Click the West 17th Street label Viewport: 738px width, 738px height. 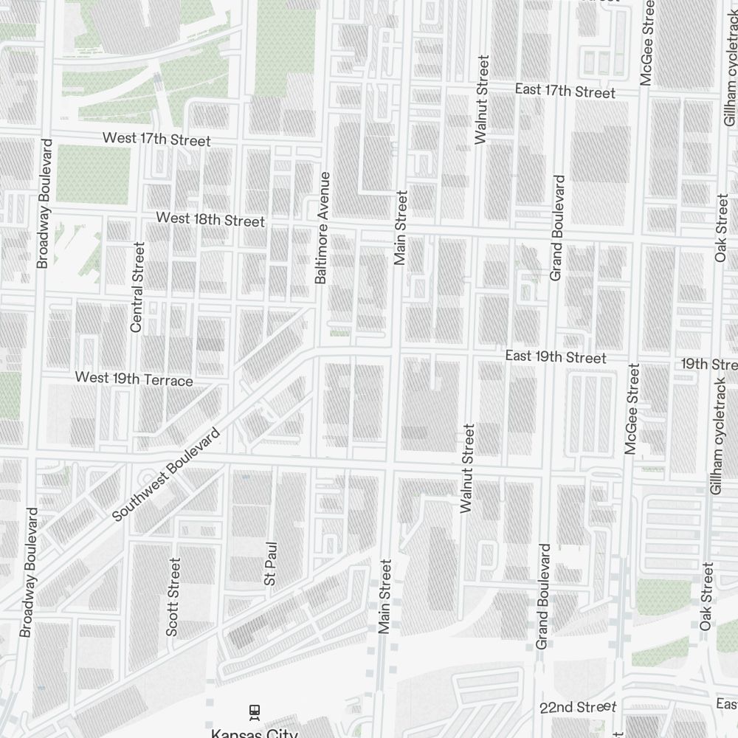point(156,139)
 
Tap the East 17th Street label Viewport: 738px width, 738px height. point(565,91)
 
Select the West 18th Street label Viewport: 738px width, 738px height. point(210,220)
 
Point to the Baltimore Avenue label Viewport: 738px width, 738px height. point(321,228)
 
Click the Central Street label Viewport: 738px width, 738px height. point(137,286)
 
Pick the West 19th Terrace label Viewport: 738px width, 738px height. point(134,379)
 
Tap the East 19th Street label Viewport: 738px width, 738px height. point(556,357)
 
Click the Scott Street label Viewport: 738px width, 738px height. point(173,596)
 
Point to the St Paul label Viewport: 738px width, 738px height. point(271,564)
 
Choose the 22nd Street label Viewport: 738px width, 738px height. point(578,708)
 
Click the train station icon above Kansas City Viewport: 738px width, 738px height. point(255,711)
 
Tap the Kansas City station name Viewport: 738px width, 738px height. point(255,733)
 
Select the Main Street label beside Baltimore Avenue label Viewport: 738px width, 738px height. point(401,228)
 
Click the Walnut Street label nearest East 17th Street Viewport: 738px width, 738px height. point(482,99)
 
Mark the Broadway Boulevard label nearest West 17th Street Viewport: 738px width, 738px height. point(43,203)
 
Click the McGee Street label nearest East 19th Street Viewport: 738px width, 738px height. point(632,408)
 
